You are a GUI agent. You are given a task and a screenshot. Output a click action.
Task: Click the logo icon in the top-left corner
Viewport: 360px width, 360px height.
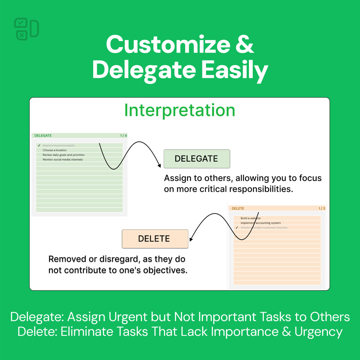26,29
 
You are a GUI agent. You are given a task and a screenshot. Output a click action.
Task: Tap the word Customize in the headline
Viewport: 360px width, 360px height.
168,45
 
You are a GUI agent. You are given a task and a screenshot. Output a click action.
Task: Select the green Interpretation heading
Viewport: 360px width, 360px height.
180,110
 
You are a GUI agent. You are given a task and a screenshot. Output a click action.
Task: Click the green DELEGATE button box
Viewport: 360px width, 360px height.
197,159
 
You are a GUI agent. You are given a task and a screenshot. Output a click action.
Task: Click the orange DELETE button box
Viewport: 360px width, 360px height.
155,239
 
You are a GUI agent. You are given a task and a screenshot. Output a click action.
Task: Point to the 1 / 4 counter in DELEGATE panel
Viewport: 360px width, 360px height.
123,136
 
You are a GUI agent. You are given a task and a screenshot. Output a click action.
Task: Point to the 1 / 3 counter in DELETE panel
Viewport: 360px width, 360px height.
322,208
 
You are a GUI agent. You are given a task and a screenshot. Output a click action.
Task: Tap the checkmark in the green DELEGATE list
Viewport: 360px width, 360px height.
39,145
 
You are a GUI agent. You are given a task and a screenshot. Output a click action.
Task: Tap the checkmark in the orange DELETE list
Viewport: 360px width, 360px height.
237,228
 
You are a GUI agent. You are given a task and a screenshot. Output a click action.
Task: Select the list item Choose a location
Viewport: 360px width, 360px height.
54,150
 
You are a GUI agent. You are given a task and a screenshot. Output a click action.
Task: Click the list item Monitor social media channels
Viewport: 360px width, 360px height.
63,159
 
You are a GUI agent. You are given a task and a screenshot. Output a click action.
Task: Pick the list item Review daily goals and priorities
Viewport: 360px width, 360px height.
63,155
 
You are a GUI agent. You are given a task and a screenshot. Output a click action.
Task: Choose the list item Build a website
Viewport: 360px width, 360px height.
251,218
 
